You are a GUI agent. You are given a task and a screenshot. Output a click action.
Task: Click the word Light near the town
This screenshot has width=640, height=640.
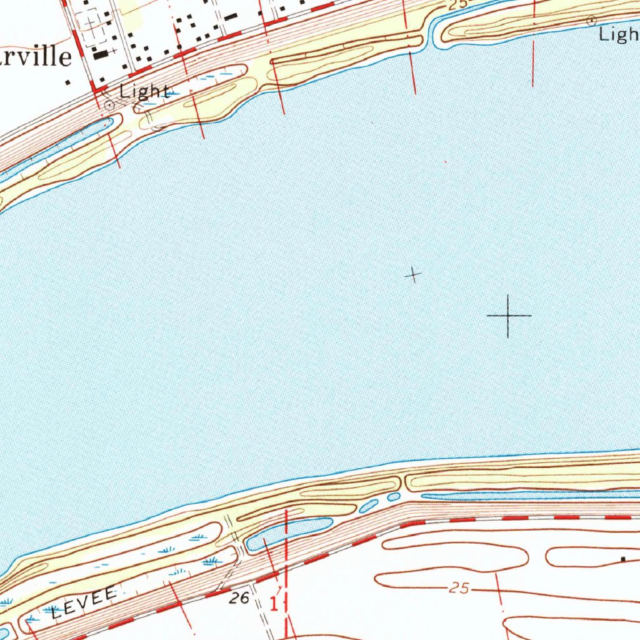pos(144,92)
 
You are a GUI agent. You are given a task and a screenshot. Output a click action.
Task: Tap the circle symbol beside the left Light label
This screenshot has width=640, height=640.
pos(109,106)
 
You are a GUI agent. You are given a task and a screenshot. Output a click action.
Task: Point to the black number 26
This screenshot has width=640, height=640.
pos(239,598)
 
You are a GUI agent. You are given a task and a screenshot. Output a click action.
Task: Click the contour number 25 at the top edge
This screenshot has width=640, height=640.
pos(457,5)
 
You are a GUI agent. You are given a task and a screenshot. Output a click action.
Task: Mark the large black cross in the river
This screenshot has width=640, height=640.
pos(508,316)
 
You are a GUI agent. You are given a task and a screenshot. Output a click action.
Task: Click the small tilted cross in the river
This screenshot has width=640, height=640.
pos(412,274)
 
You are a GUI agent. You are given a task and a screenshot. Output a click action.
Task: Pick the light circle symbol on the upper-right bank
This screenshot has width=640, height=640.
pos(590,21)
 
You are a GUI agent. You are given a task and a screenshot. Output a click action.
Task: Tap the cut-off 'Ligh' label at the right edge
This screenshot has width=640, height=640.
pos(619,35)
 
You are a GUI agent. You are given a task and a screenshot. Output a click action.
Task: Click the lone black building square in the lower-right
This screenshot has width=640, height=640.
pos(622,559)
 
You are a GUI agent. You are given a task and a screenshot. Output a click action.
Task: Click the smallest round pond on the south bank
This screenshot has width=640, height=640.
pos(393,497)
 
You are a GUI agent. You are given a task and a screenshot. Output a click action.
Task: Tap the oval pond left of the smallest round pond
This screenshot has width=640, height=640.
pos(369,506)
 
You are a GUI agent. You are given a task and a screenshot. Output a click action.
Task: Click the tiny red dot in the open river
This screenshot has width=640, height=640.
pos(446,162)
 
